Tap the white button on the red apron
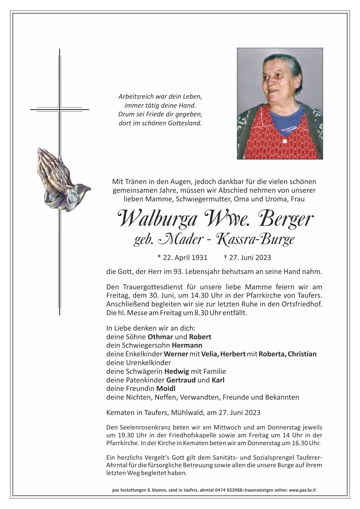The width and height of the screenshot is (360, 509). click(x=285, y=141)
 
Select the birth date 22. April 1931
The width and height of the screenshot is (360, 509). click(x=182, y=257)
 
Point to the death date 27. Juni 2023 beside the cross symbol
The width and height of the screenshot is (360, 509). click(x=250, y=257)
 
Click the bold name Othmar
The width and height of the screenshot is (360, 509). click(x=160, y=337)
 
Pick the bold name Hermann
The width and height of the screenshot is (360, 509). click(x=187, y=345)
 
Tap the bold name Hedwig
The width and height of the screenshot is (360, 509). click(x=177, y=371)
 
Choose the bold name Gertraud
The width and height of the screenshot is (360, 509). click(x=181, y=380)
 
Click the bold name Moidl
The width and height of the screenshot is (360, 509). click(x=166, y=388)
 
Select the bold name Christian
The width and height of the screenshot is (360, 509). click(x=302, y=354)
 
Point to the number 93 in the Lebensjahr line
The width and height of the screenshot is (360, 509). click(x=177, y=272)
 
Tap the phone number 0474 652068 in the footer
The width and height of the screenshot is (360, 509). click(x=229, y=490)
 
